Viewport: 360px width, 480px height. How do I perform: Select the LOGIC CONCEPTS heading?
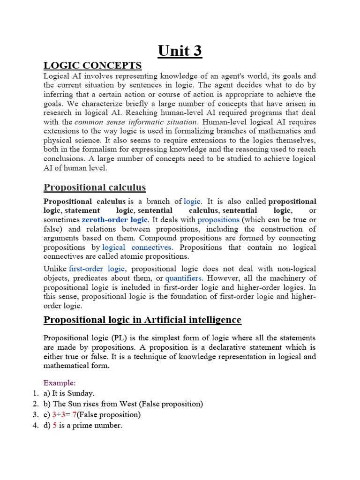(x=92, y=65)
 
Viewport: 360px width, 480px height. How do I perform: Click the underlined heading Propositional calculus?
(x=95, y=187)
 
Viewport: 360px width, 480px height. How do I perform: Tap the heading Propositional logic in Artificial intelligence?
(x=142, y=320)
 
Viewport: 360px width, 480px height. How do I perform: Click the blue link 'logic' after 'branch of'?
(x=192, y=202)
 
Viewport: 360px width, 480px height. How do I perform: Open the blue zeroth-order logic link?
(x=115, y=220)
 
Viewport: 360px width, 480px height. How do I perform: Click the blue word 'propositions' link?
(x=218, y=220)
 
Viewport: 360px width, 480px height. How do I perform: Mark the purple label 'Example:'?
(x=60, y=383)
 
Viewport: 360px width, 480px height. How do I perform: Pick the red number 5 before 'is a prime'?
(x=54, y=426)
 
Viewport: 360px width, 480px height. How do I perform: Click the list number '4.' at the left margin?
(x=36, y=426)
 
